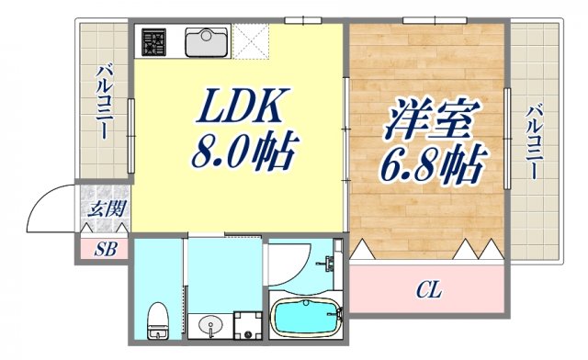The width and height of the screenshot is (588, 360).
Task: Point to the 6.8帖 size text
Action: (x=428, y=165)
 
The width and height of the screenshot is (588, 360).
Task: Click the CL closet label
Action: (x=427, y=292)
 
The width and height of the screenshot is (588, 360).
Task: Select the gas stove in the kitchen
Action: (x=153, y=42)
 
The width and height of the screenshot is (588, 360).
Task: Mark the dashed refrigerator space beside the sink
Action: (x=249, y=41)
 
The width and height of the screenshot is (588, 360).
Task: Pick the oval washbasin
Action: (x=210, y=324)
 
